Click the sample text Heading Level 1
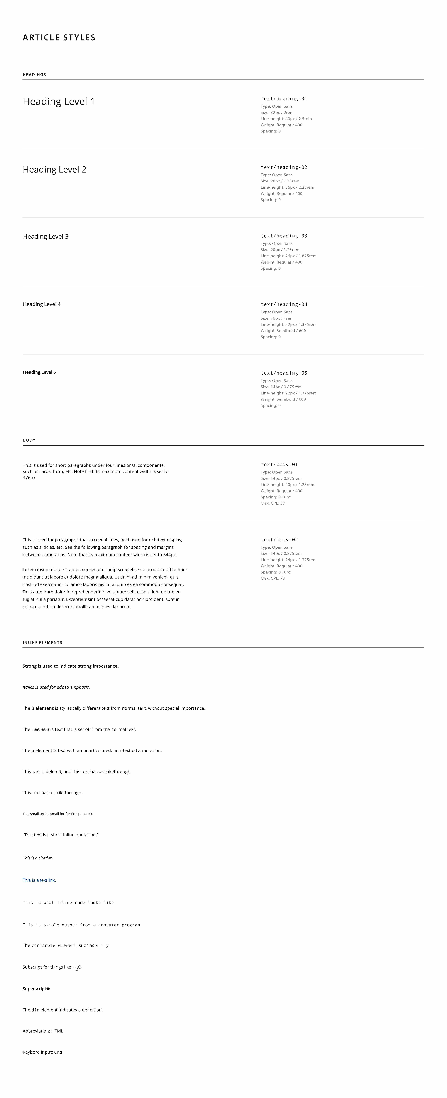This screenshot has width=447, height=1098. tap(59, 101)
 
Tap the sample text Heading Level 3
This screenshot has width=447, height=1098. tap(46, 237)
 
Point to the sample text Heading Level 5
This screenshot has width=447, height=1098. tap(39, 372)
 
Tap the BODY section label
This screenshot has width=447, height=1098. tap(29, 440)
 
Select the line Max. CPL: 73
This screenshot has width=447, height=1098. tap(273, 578)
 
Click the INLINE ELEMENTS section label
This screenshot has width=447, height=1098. tap(42, 642)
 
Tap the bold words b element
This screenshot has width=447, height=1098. tap(43, 708)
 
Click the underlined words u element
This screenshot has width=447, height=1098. tap(42, 750)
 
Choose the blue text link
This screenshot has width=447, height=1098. tap(39, 880)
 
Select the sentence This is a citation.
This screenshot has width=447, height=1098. tap(38, 858)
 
